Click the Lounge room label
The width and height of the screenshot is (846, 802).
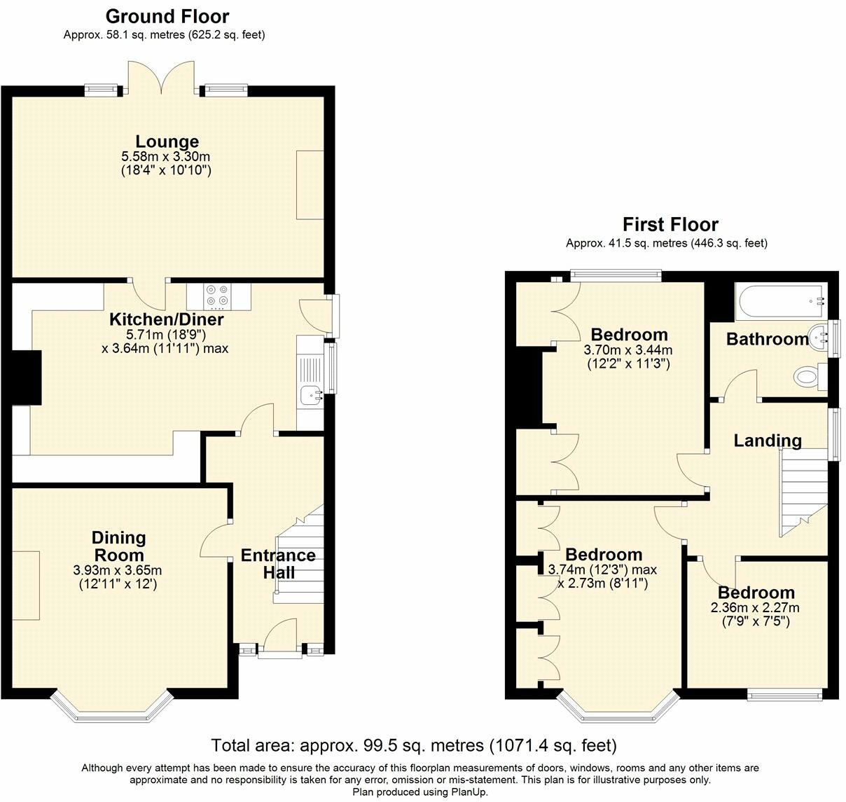[167, 141]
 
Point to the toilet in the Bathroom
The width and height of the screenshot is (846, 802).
[807, 378]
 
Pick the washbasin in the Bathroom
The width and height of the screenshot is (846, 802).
[819, 338]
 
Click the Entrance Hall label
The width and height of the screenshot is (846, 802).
[278, 564]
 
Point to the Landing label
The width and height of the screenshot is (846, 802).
[768, 441]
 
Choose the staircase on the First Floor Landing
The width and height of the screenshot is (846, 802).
[803, 490]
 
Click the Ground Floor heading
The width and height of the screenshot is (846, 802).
[167, 16]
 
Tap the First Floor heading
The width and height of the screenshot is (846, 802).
[670, 225]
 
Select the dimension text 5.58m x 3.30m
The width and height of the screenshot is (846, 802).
[167, 157]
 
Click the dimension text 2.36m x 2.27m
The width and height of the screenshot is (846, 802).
[755, 607]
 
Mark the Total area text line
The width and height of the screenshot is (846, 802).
[413, 745]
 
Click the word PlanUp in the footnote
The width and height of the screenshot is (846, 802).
[469, 792]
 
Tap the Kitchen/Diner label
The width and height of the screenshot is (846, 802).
[167, 320]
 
